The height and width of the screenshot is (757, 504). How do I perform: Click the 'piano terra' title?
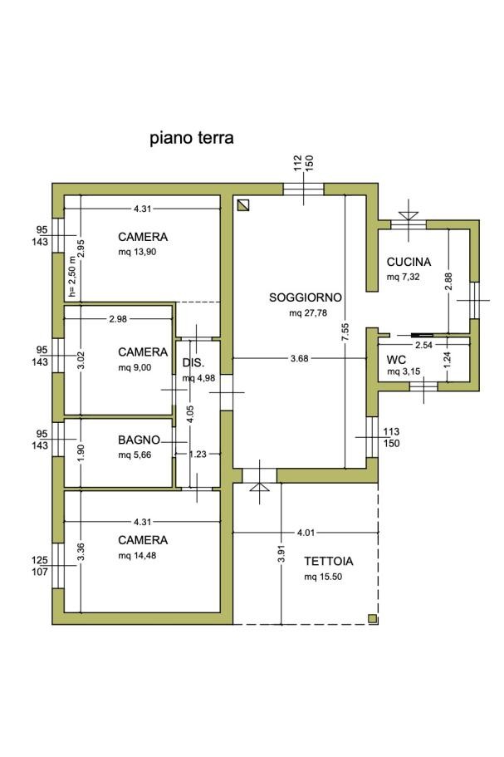click(x=192, y=139)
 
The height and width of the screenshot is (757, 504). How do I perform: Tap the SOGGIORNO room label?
click(x=306, y=297)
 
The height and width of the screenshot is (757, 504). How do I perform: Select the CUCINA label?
click(x=409, y=262)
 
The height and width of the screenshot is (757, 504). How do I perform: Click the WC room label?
click(x=396, y=360)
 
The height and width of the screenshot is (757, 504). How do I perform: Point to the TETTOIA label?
click(x=329, y=561)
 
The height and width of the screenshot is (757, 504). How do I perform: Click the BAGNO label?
click(x=139, y=440)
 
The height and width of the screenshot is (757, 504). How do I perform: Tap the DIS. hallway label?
click(x=193, y=362)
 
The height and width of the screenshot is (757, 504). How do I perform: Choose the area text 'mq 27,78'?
click(x=308, y=312)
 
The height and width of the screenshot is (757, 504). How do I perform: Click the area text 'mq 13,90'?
click(x=138, y=252)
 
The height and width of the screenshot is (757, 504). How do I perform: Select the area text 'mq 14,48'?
click(x=138, y=556)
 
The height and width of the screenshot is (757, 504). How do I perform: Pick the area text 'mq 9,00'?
click(x=135, y=368)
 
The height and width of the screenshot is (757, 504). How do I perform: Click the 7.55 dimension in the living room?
click(x=345, y=332)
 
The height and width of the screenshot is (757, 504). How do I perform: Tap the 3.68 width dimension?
click(x=300, y=359)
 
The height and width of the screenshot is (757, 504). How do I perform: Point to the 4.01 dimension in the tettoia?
click(x=306, y=533)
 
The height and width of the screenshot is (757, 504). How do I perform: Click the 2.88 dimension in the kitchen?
click(x=448, y=282)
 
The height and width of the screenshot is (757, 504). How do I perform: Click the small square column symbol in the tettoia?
click(x=372, y=618)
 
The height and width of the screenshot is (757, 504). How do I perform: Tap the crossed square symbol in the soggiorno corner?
click(x=243, y=206)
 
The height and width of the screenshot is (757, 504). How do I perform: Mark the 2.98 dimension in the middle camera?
click(x=118, y=319)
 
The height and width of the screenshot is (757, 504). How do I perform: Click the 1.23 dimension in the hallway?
click(x=198, y=454)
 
